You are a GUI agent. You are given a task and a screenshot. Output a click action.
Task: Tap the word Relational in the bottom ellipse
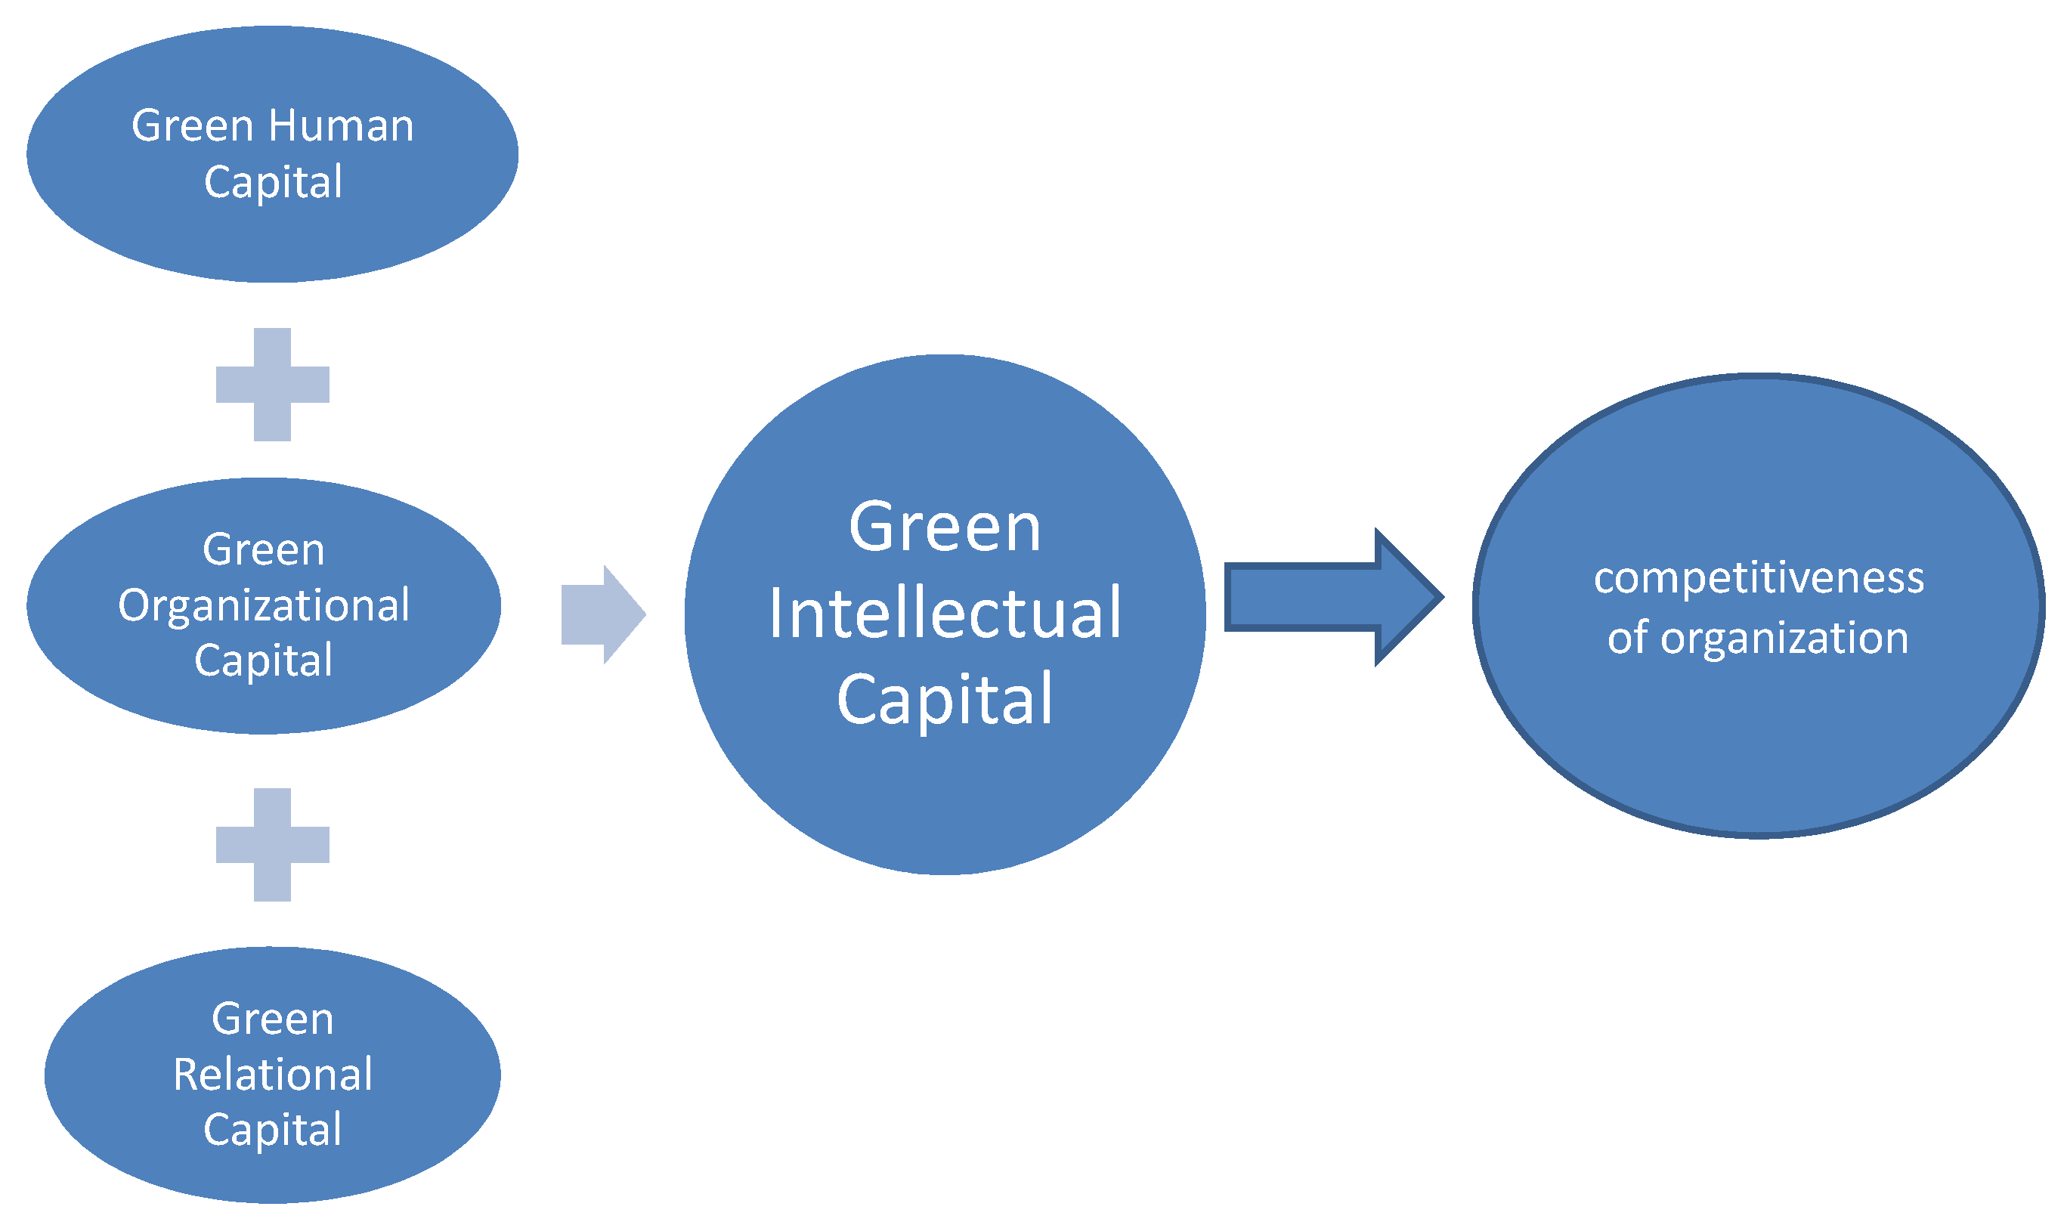[272, 1075]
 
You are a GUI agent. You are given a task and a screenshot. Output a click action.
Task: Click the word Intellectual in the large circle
[945, 614]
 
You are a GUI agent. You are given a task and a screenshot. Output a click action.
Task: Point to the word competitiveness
[1758, 578]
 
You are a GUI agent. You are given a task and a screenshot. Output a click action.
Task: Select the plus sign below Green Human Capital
[272, 385]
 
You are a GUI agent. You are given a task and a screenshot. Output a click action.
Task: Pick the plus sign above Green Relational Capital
[272, 844]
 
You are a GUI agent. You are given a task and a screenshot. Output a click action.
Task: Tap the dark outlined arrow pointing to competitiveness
[1321, 596]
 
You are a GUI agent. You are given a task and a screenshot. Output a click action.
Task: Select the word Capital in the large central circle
[945, 700]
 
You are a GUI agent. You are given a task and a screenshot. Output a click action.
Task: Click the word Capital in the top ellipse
[272, 182]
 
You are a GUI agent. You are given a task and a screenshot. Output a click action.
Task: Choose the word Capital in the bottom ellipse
[272, 1130]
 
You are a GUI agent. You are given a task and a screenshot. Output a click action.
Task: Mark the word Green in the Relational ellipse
[272, 1019]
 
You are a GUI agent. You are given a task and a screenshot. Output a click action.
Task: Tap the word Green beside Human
[192, 125]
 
